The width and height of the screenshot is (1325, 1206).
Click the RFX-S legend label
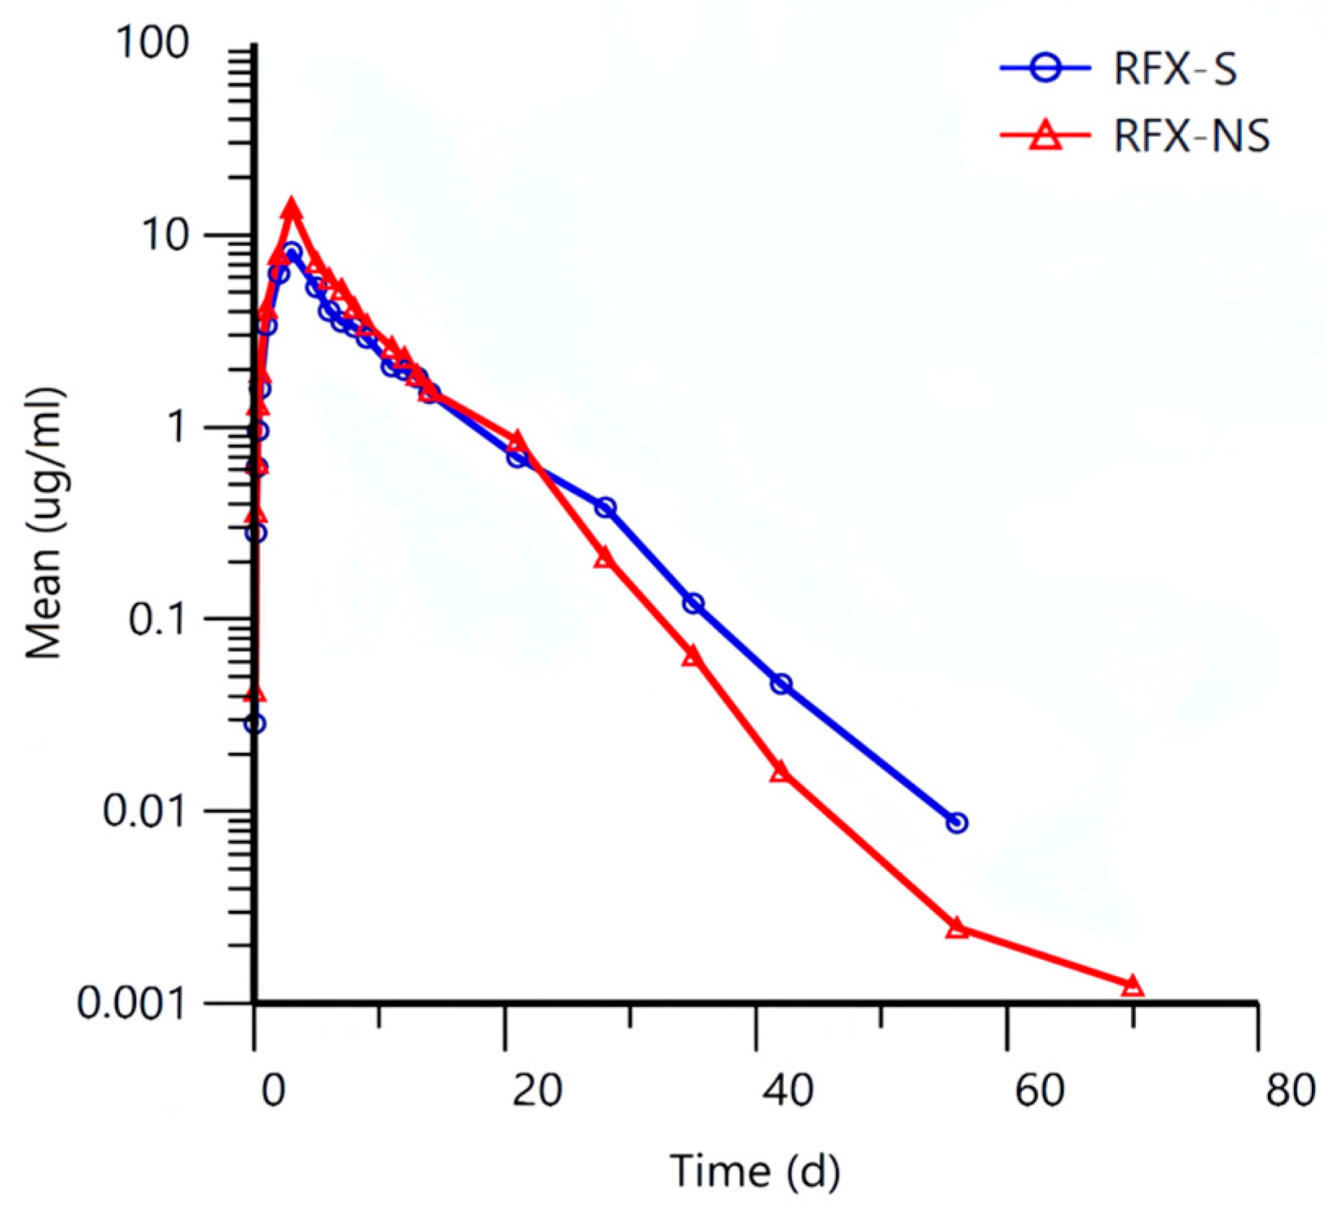click(1175, 70)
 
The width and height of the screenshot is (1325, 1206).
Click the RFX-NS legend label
click(1191, 136)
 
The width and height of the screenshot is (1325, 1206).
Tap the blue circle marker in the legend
click(1045, 69)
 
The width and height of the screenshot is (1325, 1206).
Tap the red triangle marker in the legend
click(1045, 135)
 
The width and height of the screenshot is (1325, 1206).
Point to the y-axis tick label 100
click(152, 43)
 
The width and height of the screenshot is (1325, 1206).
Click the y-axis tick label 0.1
click(158, 620)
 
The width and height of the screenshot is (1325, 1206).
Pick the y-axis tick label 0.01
click(145, 812)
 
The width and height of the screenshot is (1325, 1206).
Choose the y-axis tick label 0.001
click(133, 1004)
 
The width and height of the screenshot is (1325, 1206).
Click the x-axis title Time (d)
click(755, 1171)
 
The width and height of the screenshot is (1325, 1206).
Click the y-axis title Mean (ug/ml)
click(45, 524)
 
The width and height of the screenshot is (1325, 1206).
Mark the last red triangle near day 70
click(1133, 987)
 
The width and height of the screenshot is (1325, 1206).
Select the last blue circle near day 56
click(957, 823)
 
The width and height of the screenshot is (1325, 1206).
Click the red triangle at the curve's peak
click(292, 209)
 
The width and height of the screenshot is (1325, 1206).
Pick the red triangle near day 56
click(957, 928)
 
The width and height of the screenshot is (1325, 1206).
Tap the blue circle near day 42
click(781, 684)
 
